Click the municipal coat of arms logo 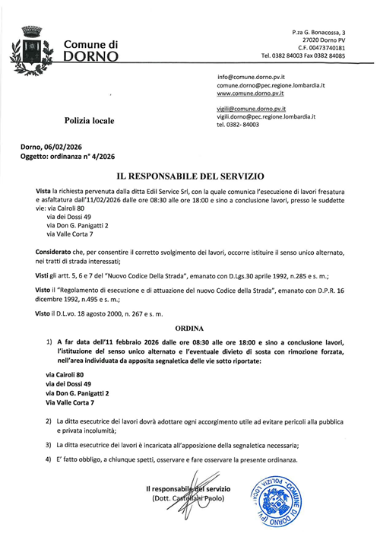[x=30, y=50]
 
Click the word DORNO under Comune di [x=90, y=58]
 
